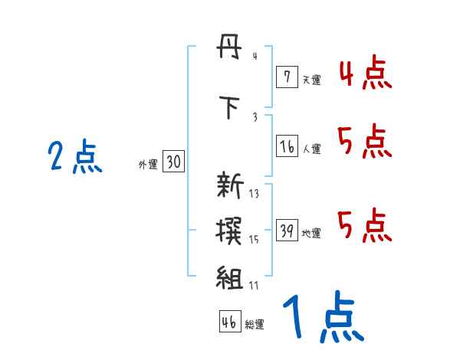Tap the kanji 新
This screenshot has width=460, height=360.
[229, 186]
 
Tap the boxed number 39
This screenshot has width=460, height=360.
[287, 231]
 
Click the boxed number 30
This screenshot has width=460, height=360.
[173, 162]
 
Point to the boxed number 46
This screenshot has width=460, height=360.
[228, 322]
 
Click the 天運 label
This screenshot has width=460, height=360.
[311, 80]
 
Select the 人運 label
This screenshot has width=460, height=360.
[311, 149]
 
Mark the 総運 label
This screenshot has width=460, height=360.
[254, 325]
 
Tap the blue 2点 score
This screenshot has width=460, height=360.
[74, 158]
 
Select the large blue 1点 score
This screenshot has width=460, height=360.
[322, 319]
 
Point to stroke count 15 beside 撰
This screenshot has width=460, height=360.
[254, 240]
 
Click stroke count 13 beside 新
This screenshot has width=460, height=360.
[254, 194]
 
